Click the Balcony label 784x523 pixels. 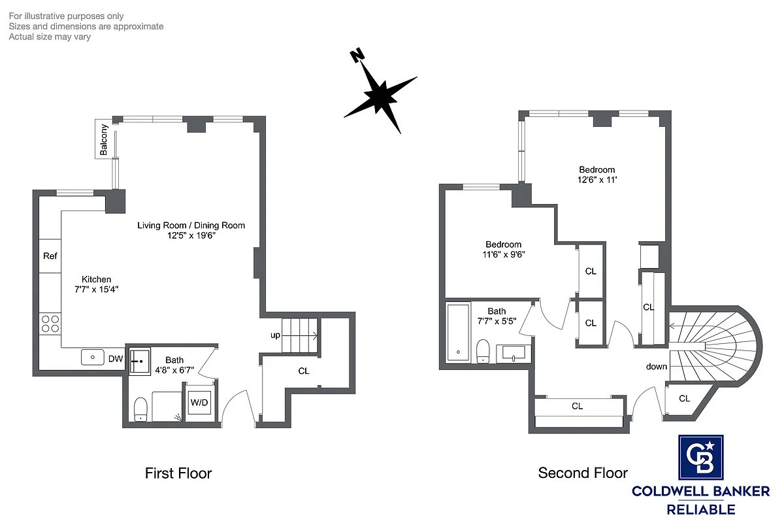click(104, 139)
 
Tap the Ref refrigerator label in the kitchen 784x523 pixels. click(50, 256)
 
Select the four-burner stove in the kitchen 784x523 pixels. click(50, 324)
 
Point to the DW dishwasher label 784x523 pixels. click(115, 358)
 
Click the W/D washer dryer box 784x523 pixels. click(199, 403)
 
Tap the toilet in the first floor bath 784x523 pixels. click(140, 410)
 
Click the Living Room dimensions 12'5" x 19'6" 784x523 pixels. click(191, 236)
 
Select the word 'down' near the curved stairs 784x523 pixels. click(657, 367)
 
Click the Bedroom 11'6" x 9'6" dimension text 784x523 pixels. click(502, 255)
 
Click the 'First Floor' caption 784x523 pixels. click(178, 473)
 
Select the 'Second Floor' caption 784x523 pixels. click(583, 473)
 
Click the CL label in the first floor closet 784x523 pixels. click(303, 371)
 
